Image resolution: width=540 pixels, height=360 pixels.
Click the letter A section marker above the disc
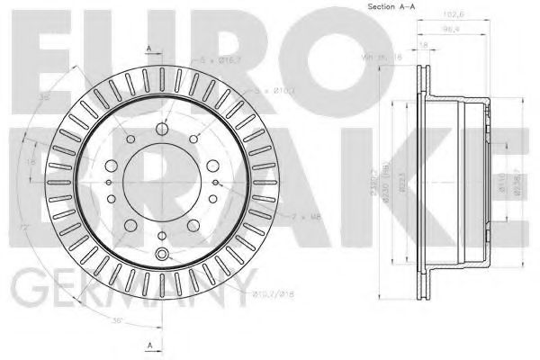pos(149,47)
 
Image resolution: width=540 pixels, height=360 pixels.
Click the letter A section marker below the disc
pos(149,345)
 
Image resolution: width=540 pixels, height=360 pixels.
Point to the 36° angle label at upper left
pos(42,98)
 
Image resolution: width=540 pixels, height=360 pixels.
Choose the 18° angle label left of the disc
pos(29,163)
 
